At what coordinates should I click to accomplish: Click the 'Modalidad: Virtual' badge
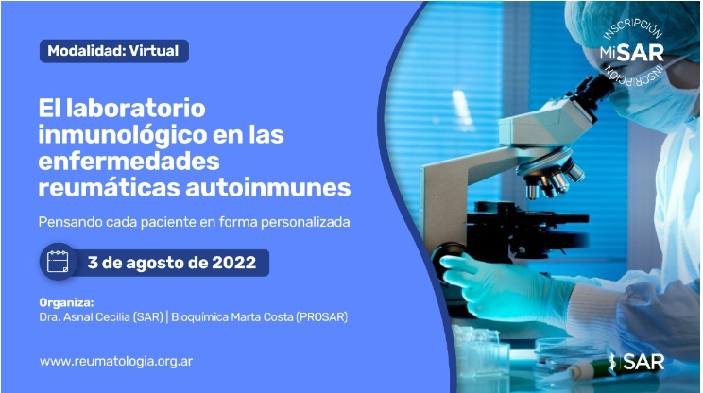[x=114, y=51]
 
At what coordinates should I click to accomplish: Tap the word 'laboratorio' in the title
[x=136, y=109]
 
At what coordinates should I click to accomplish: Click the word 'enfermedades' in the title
[x=129, y=162]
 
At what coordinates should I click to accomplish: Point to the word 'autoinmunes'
[x=268, y=188]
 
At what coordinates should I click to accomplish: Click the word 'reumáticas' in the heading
[x=109, y=188]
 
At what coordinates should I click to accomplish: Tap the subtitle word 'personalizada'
[x=305, y=222]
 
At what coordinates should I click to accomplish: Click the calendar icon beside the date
[x=58, y=262]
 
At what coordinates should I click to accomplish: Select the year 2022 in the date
[x=234, y=263]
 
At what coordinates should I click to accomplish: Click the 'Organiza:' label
[x=66, y=302]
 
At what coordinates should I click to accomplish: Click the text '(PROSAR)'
[x=321, y=317]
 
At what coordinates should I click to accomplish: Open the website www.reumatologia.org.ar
[x=116, y=362]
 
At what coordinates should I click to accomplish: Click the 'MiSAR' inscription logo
[x=632, y=53]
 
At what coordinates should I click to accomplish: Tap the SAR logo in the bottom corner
[x=636, y=362]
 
